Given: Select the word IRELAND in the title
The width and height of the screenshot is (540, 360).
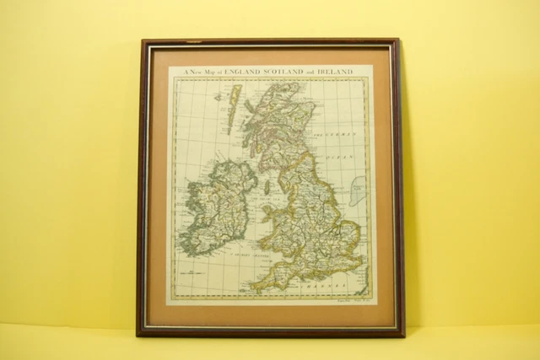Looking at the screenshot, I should point(337,73).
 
